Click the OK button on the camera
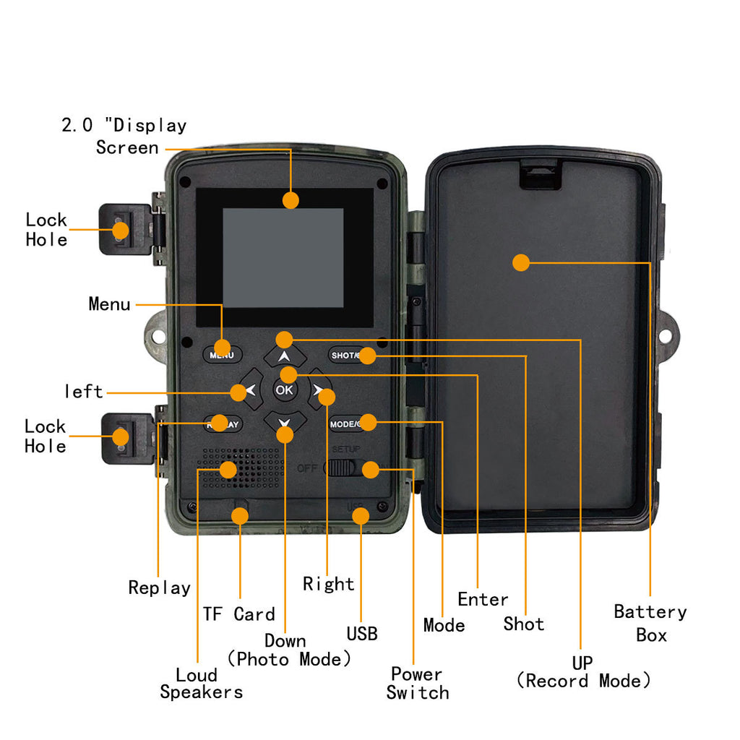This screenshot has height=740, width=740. (284, 390)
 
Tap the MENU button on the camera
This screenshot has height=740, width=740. (221, 355)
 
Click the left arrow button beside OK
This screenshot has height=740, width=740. (248, 391)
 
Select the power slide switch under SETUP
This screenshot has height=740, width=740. (342, 468)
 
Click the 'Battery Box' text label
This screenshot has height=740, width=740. (650, 623)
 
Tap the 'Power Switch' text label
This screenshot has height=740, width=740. (417, 683)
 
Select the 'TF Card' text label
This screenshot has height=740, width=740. (238, 614)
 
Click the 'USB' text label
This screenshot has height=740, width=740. (361, 634)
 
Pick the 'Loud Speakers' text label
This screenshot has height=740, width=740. (200, 684)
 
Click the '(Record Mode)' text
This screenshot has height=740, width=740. (583, 681)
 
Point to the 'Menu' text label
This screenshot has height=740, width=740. (109, 304)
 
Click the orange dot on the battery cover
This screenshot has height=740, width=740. (521, 262)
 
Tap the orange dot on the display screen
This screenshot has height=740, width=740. (291, 200)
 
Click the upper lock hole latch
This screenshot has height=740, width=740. (123, 229)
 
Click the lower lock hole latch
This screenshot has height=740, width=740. (123, 437)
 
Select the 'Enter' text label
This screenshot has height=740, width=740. (483, 599)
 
